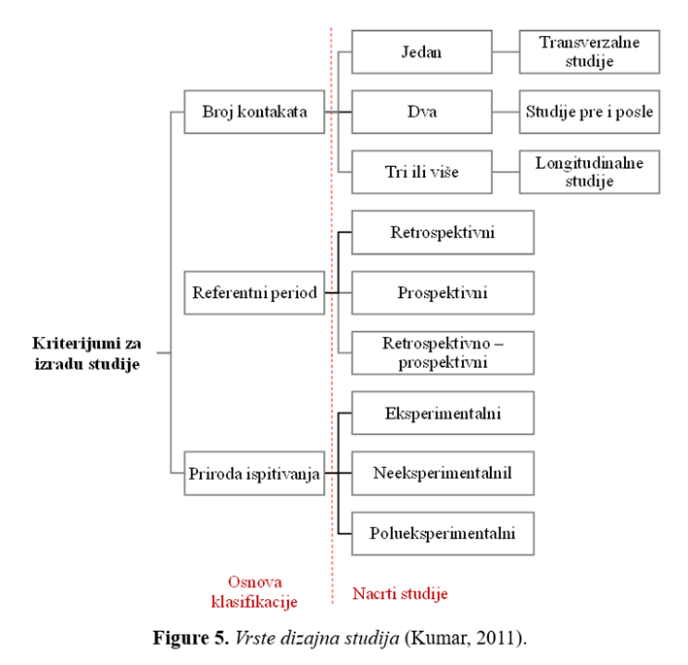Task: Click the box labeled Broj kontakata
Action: (x=254, y=112)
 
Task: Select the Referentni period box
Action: (x=254, y=293)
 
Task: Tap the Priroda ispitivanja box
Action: (x=254, y=473)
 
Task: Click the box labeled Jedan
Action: (x=422, y=51)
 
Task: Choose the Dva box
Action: (x=422, y=112)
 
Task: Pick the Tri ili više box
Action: (x=422, y=172)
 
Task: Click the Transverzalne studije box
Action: (x=589, y=51)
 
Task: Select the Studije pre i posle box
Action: (x=589, y=112)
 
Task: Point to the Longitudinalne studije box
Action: (x=589, y=172)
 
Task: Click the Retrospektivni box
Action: (x=442, y=232)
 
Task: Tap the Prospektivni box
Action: (x=442, y=293)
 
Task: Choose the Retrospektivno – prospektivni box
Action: (x=442, y=353)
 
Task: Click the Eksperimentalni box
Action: (x=442, y=413)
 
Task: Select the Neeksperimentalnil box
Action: (x=442, y=473)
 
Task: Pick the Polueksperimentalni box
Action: (x=442, y=533)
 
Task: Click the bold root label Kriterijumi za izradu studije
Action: (x=87, y=353)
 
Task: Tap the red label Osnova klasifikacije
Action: (x=254, y=591)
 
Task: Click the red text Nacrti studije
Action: (x=400, y=593)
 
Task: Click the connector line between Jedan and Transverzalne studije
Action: (x=506, y=51)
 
